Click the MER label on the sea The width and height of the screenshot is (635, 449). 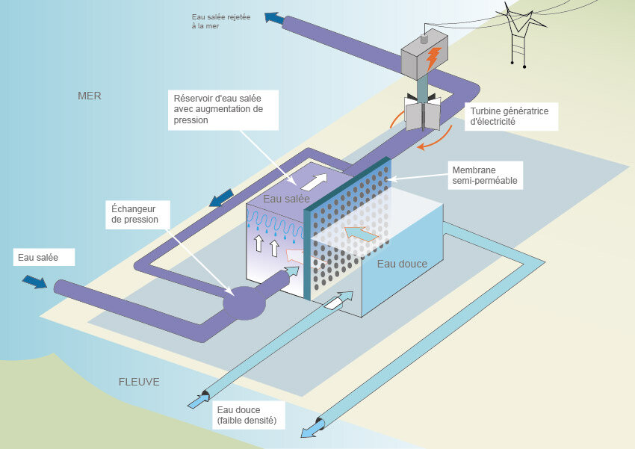click(x=89, y=96)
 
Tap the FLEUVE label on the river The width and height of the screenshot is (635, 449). click(x=139, y=382)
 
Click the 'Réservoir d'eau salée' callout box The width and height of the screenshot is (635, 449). click(x=217, y=110)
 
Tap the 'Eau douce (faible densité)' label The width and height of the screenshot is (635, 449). click(x=246, y=415)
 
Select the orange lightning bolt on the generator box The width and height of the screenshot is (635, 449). click(x=433, y=57)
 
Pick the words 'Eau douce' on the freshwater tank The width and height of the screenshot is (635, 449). click(x=402, y=263)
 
